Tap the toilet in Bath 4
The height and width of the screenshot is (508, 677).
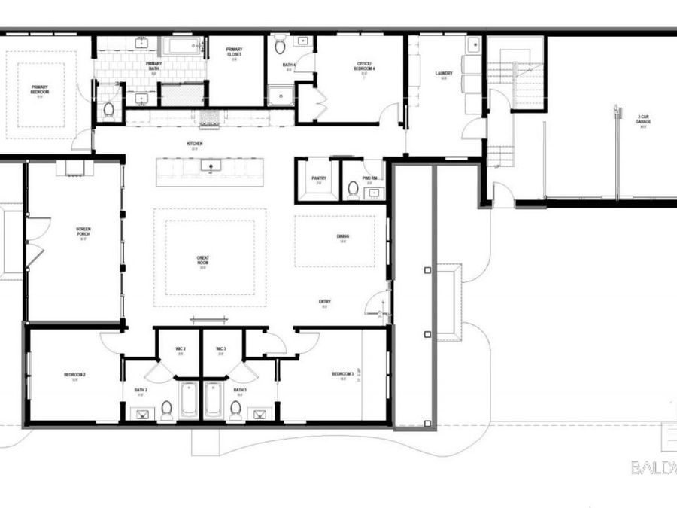coord(280,47)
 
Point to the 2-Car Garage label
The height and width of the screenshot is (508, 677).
coord(643,121)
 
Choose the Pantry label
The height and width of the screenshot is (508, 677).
coord(318,179)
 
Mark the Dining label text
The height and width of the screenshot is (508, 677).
coord(342,238)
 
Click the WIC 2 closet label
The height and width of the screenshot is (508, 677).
coord(180,350)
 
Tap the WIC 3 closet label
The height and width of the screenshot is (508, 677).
coord(221,350)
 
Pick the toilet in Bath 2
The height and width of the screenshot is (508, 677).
coord(166,409)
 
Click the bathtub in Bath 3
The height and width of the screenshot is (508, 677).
coord(213,398)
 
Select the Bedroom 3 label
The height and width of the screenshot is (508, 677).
coord(343,376)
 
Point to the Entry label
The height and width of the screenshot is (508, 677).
coord(325,303)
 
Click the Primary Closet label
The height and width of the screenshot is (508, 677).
coord(235,53)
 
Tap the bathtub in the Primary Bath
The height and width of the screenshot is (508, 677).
coord(182,47)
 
